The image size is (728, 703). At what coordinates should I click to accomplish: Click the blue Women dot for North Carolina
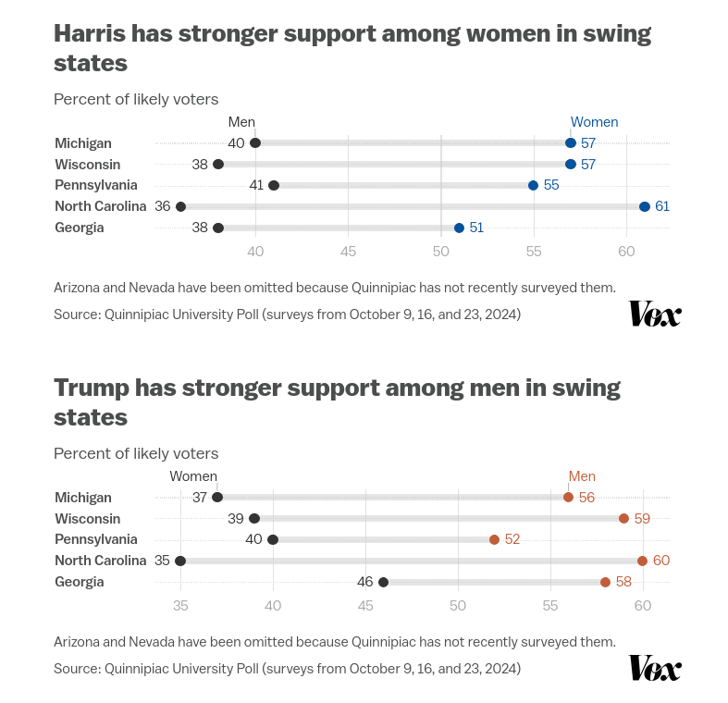click(x=645, y=206)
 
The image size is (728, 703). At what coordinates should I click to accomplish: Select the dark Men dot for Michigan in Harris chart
click(x=255, y=142)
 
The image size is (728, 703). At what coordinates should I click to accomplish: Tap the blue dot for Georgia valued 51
click(x=459, y=228)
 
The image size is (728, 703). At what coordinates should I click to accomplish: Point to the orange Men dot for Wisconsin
click(x=624, y=518)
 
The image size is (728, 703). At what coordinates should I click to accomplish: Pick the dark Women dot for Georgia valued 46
click(x=384, y=582)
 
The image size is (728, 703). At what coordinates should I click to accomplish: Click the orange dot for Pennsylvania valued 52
click(x=495, y=539)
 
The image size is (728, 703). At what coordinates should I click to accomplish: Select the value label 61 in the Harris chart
click(x=662, y=206)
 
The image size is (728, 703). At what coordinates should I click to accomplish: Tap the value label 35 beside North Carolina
click(x=163, y=561)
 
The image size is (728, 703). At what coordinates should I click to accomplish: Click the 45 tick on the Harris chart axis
click(x=349, y=252)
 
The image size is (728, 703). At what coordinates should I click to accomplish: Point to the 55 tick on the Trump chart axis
click(x=550, y=606)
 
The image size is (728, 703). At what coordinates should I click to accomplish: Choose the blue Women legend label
click(x=594, y=122)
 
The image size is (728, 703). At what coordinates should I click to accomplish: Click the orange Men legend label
click(x=582, y=476)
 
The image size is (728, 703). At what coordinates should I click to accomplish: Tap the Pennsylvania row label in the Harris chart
click(x=96, y=185)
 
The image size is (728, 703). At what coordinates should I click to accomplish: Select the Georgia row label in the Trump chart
click(x=80, y=582)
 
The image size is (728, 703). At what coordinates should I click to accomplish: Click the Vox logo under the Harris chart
click(x=655, y=314)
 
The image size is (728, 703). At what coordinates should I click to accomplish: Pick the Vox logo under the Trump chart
click(x=655, y=668)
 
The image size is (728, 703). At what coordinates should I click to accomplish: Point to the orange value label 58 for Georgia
click(x=623, y=582)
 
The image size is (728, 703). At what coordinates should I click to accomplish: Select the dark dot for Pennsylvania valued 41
click(x=274, y=185)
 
